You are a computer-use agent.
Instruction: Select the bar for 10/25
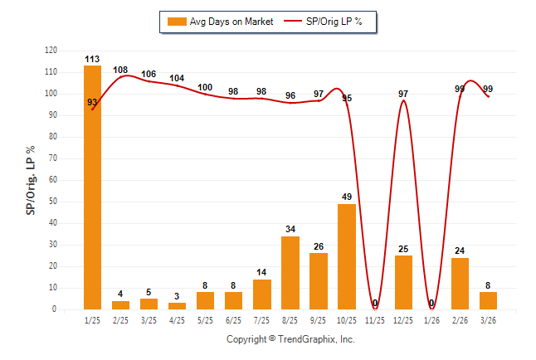pyautogui.click(x=347, y=256)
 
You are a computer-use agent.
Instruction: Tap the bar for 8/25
pyautogui.click(x=290, y=273)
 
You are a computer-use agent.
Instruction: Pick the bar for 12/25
pyautogui.click(x=403, y=282)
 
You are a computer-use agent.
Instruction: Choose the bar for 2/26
pyautogui.click(x=460, y=283)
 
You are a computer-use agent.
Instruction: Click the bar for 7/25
pyautogui.click(x=262, y=294)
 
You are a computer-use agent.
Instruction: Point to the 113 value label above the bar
pyautogui.click(x=92, y=59)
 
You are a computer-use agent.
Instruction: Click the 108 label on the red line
pyautogui.click(x=120, y=70)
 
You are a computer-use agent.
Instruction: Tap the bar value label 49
pyautogui.click(x=347, y=197)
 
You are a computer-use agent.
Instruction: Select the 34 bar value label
pyautogui.click(x=290, y=229)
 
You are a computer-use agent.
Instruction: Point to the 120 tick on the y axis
pyautogui.click(x=51, y=51)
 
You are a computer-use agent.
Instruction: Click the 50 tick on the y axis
pyautogui.click(x=53, y=202)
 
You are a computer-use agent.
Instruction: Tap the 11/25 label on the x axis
pyautogui.click(x=375, y=319)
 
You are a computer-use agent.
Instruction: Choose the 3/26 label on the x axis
pyautogui.click(x=489, y=319)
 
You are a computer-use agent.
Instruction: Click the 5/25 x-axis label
pyautogui.click(x=205, y=319)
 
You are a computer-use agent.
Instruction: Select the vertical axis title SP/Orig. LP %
pyautogui.click(x=31, y=180)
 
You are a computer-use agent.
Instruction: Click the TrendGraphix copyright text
pyautogui.click(x=290, y=339)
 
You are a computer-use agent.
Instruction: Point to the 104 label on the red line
pyautogui.click(x=177, y=79)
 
